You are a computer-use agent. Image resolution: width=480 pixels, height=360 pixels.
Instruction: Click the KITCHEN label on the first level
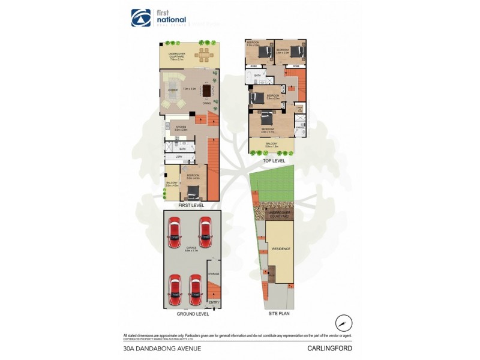click(181, 127)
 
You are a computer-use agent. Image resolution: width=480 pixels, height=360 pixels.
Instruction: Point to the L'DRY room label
click(178, 157)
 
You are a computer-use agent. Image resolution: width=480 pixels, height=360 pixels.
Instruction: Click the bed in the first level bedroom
click(194, 192)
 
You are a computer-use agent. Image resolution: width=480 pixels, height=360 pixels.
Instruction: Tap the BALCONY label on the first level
click(172, 183)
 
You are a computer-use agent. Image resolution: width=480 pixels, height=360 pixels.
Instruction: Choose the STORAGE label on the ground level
click(214, 274)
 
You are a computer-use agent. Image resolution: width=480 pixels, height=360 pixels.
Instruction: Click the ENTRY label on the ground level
click(214, 302)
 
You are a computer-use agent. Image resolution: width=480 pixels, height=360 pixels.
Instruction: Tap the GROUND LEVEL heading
click(193, 314)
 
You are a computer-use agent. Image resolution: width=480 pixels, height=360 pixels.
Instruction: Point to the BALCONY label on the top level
click(272, 144)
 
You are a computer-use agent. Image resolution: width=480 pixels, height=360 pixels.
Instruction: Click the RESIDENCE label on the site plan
click(281, 248)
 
